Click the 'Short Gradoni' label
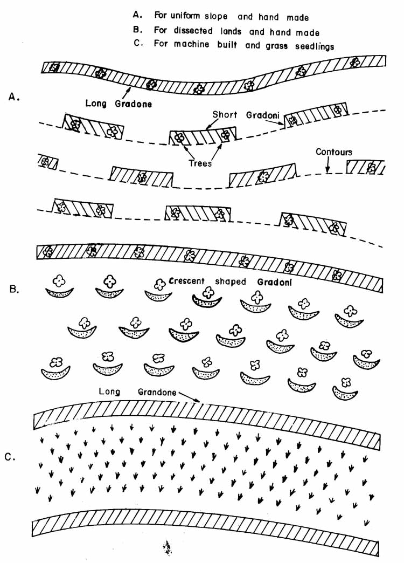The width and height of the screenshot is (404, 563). click(x=244, y=115)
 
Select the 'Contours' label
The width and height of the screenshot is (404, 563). click(x=334, y=152)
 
